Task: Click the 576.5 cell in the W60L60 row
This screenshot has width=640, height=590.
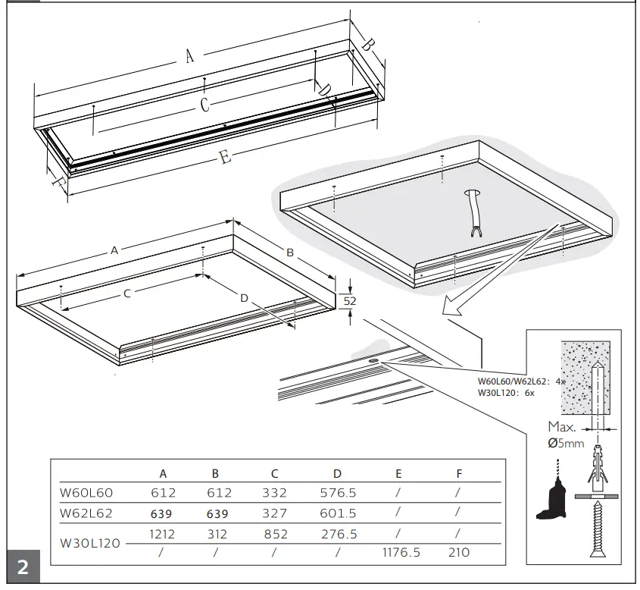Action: point(337,493)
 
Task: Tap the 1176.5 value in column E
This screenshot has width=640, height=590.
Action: point(398,553)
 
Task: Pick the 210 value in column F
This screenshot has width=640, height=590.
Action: point(459,553)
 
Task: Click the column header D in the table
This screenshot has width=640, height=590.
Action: point(337,473)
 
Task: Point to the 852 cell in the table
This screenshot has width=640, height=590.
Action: point(274,534)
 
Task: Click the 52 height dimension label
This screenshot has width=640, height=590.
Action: point(349,300)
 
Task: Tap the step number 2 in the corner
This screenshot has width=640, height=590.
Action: point(23,568)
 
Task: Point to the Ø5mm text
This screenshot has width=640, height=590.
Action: point(566,443)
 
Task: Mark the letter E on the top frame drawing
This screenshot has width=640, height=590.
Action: point(224,157)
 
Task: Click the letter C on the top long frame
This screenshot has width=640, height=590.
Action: point(204,105)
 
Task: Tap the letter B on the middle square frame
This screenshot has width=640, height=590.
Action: point(289,251)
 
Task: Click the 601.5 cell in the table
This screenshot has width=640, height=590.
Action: point(337,513)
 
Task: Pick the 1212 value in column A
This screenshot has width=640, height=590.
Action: point(163,534)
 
